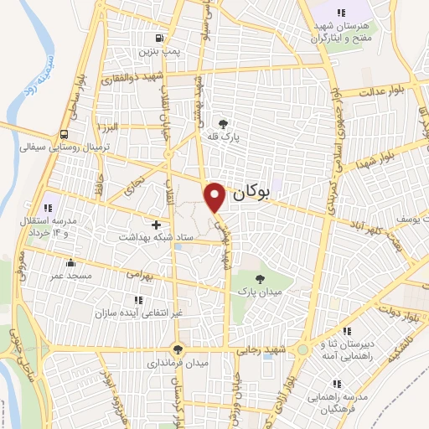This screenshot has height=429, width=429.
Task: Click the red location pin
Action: coord(216,196)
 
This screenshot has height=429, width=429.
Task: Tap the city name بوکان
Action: coord(250,193)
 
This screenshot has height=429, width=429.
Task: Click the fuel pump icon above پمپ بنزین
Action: coord(159,38)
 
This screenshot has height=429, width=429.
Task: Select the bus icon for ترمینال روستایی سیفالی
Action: coord(64,133)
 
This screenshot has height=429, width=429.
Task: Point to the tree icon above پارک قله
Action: coord(223,119)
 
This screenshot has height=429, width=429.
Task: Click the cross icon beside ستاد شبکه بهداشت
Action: coord(157,225)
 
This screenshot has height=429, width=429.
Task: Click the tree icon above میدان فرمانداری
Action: coord(177,349)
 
